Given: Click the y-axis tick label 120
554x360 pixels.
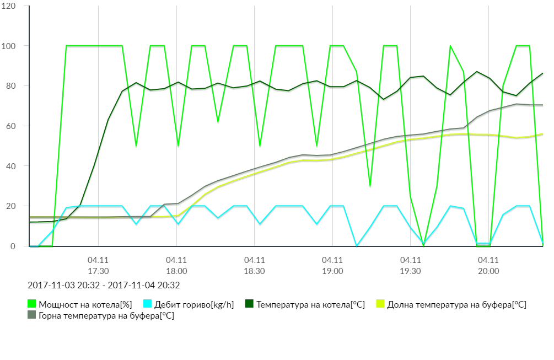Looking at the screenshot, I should point(9,6).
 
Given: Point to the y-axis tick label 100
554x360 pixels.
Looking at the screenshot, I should point(9,46).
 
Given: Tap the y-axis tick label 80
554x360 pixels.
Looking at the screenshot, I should point(11,86).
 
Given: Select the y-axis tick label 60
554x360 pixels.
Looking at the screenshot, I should point(11,126).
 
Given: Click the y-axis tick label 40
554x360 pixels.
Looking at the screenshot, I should point(11,166).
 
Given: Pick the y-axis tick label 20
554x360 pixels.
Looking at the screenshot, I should point(11,206).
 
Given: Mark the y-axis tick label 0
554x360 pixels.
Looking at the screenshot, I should point(13,246).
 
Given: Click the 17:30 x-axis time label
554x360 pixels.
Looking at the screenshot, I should point(98,271).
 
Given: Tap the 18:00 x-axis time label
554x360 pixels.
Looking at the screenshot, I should point(176,271).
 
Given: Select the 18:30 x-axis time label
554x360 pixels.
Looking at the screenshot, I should point(254,271).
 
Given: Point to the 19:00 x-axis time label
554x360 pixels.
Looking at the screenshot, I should point(332,271).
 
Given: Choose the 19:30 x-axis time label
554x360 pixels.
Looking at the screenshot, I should point(410,271).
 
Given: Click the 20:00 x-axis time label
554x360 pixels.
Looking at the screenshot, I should point(488,271).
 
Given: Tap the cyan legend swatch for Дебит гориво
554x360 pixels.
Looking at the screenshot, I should point(147,304).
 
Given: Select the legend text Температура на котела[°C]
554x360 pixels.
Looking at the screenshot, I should point(310,304).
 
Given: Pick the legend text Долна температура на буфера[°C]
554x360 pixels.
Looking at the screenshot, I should point(457,304).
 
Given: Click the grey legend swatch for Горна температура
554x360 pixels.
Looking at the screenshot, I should point(31,315).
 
